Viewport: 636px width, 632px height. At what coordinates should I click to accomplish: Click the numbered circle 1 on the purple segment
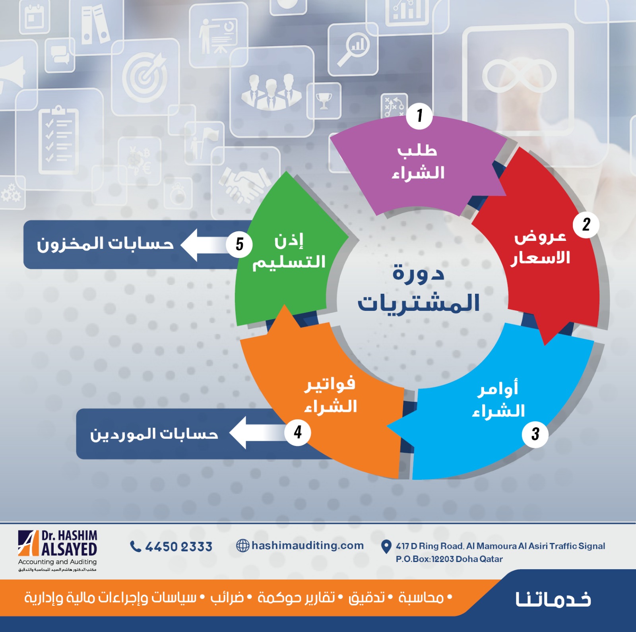[x=419, y=116]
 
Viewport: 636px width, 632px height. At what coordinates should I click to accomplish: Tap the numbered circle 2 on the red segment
[x=586, y=225]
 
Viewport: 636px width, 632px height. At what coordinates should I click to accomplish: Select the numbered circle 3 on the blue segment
[x=535, y=434]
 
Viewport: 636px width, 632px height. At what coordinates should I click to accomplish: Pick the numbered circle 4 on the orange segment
[x=298, y=432]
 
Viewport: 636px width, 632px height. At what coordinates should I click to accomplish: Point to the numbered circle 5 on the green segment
[x=239, y=244]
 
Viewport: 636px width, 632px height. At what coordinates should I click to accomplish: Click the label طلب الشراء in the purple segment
[x=418, y=162]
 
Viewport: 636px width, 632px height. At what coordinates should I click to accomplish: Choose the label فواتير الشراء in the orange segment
[x=330, y=395]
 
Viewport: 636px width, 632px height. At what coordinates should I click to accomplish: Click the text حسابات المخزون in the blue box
[x=105, y=244]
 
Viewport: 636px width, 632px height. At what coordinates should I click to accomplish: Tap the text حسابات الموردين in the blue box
[x=154, y=434]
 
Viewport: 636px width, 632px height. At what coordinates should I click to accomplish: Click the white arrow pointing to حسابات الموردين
[x=258, y=433]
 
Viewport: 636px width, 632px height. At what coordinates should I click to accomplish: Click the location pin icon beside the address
[x=386, y=547]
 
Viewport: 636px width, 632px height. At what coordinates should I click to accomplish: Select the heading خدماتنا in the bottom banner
[x=553, y=599]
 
